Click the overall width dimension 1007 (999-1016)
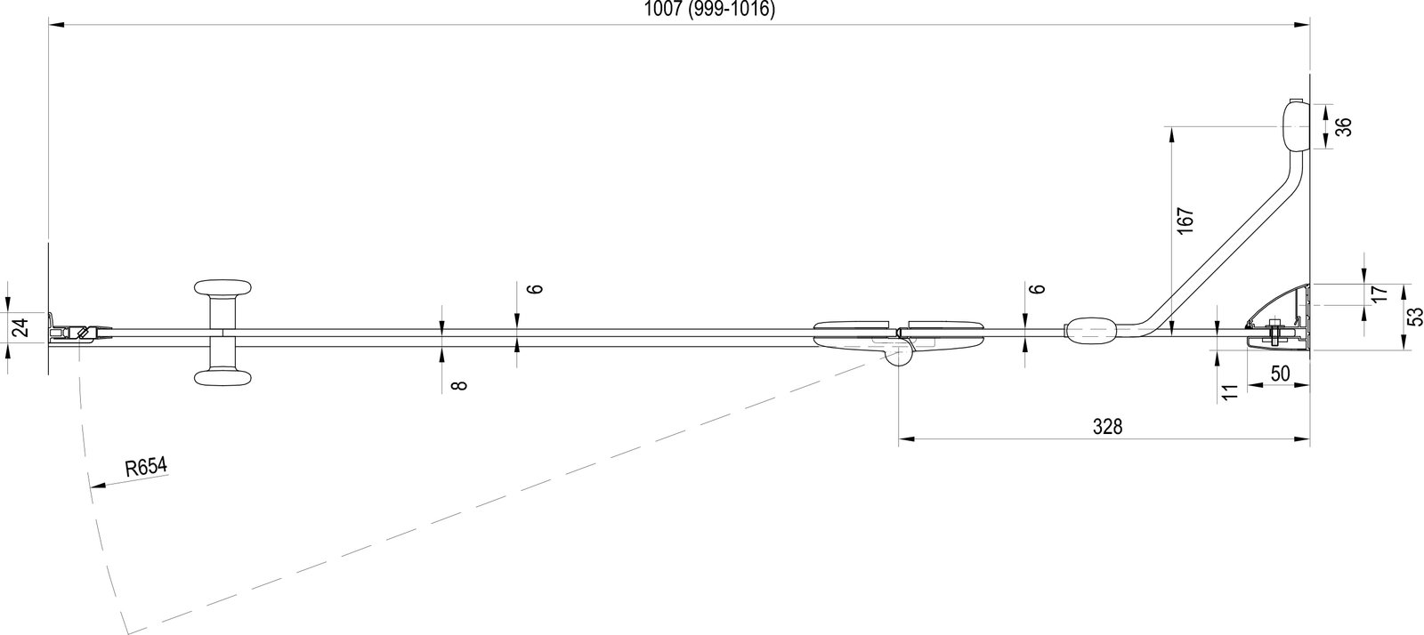(709, 9)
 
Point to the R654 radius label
(146, 468)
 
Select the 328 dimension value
(1107, 427)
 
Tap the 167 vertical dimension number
(1185, 221)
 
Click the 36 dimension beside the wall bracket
(1343, 127)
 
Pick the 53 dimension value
(1414, 317)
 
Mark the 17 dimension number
(1379, 294)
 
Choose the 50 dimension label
(1281, 374)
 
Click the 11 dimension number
(1231, 392)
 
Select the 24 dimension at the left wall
(21, 327)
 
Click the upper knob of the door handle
(222, 287)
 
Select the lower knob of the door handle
(222, 379)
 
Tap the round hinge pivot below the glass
(898, 357)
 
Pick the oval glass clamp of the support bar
(1090, 330)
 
